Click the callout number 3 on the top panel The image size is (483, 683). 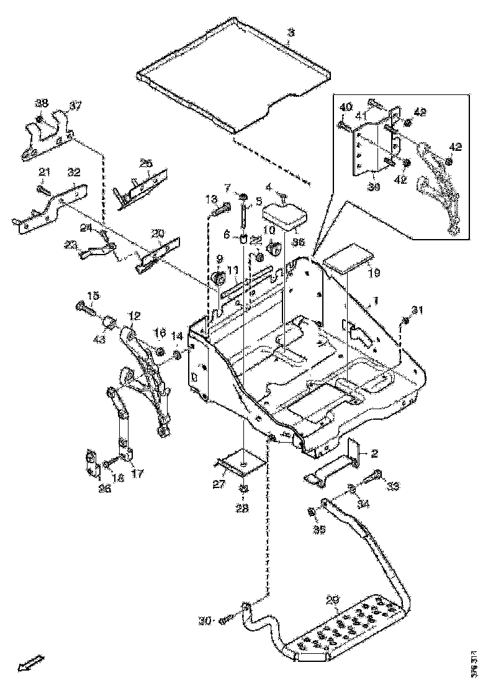(x=290, y=32)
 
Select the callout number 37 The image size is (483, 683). (x=75, y=106)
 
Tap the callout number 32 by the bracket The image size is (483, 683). (x=74, y=172)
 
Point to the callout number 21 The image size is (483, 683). (x=44, y=171)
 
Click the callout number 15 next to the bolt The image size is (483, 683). (x=93, y=295)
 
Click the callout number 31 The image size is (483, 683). (x=417, y=310)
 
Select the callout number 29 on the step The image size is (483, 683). (x=333, y=600)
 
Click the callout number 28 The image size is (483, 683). (x=241, y=509)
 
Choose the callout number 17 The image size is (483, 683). (x=137, y=473)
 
